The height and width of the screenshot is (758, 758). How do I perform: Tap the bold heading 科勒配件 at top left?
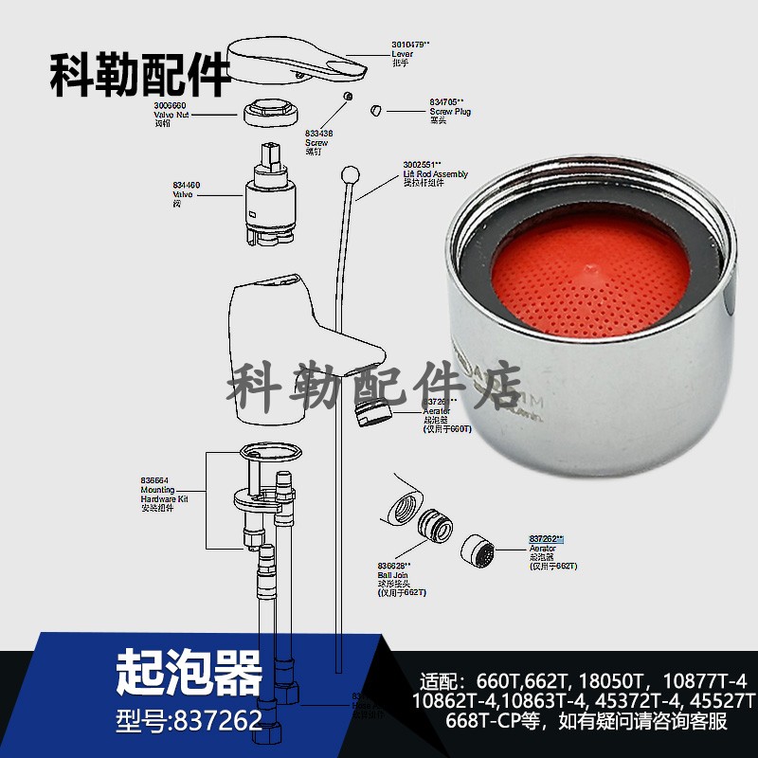pyautogui.click(x=140, y=75)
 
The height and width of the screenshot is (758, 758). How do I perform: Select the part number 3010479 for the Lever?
pyautogui.click(x=410, y=44)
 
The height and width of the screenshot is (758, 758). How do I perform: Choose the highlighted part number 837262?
pyautogui.click(x=546, y=538)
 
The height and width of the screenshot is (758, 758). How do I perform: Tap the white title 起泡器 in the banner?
pyautogui.click(x=189, y=673)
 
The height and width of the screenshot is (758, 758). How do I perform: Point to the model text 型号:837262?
pyautogui.click(x=189, y=721)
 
